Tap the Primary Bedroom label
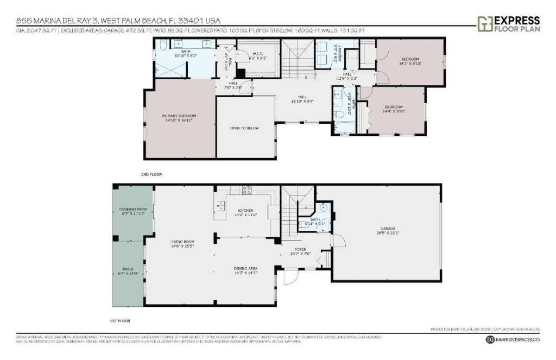[x=179, y=118]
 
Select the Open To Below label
[x=244, y=128]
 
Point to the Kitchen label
[x=246, y=212]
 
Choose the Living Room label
[x=182, y=244]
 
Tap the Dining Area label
[x=245, y=270]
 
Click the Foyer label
[x=300, y=252]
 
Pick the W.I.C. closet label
[x=260, y=55]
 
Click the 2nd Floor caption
[x=151, y=174]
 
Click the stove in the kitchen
[x=246, y=190]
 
